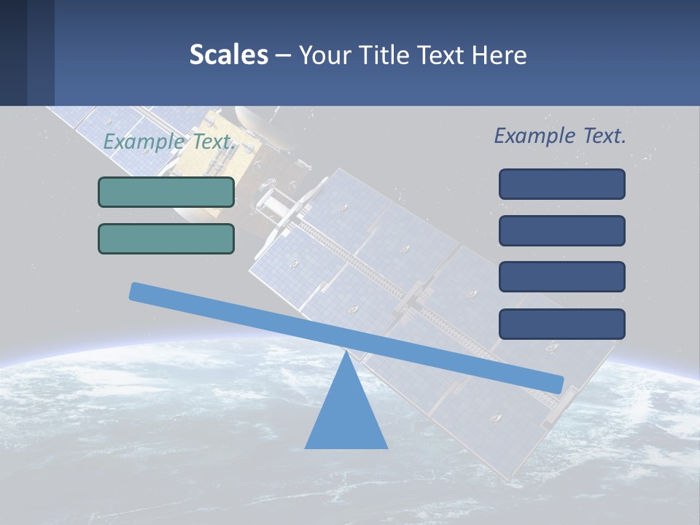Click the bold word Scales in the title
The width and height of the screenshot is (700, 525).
click(228, 55)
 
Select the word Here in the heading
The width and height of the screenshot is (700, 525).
click(499, 55)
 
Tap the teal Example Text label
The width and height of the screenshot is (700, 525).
click(169, 142)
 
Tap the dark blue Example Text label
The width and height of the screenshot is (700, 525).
click(560, 136)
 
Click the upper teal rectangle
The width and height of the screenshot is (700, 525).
click(166, 192)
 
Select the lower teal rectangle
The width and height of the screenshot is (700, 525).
click(166, 238)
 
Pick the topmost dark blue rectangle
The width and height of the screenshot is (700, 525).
click(561, 184)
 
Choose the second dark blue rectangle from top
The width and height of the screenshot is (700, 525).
click(561, 230)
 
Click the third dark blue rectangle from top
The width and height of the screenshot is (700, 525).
click(561, 277)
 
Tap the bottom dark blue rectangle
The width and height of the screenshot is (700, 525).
click(561, 324)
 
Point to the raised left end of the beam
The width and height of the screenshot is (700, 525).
click(136, 292)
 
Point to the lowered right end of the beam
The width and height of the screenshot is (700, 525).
click(557, 385)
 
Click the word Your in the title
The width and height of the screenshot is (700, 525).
click(323, 55)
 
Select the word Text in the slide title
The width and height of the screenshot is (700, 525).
click(440, 55)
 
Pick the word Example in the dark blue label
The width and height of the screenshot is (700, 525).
click(530, 136)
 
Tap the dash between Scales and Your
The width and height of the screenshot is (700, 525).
click(284, 55)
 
